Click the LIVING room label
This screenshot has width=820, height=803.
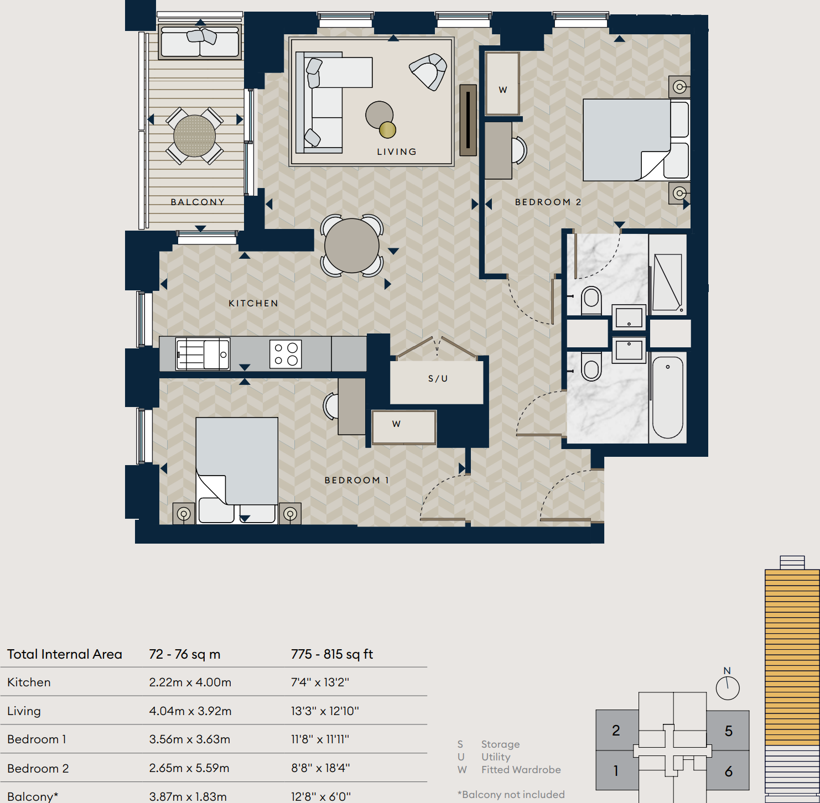[x=396, y=152]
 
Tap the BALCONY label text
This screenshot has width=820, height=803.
[x=198, y=202]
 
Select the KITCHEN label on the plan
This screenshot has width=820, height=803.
[x=253, y=303]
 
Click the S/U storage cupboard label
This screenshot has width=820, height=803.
[x=438, y=379]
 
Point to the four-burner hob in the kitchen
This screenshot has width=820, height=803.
[x=286, y=354]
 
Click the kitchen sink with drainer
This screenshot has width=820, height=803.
[x=202, y=354]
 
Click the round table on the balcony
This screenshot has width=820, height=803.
[x=194, y=136]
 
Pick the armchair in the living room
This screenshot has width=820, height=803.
[x=428, y=71]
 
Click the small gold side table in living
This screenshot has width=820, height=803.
[x=387, y=130]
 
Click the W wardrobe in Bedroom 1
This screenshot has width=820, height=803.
[x=404, y=426]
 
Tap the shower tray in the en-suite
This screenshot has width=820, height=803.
[x=667, y=282]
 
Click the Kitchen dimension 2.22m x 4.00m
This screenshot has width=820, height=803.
[x=190, y=682]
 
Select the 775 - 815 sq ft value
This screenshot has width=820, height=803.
[x=332, y=654]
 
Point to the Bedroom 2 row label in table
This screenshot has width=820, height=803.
[x=38, y=768]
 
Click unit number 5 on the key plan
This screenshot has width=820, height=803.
[x=728, y=731]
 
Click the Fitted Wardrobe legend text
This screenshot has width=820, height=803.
[x=521, y=769]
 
